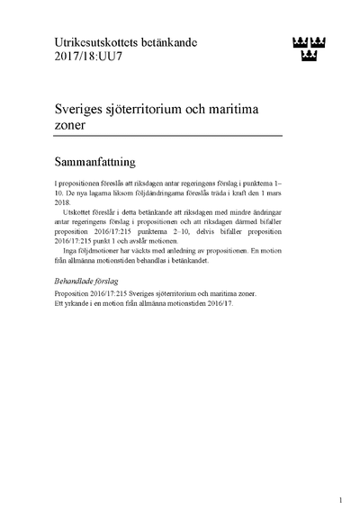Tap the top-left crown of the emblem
tap(300, 40)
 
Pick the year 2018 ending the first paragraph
tap(63, 203)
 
